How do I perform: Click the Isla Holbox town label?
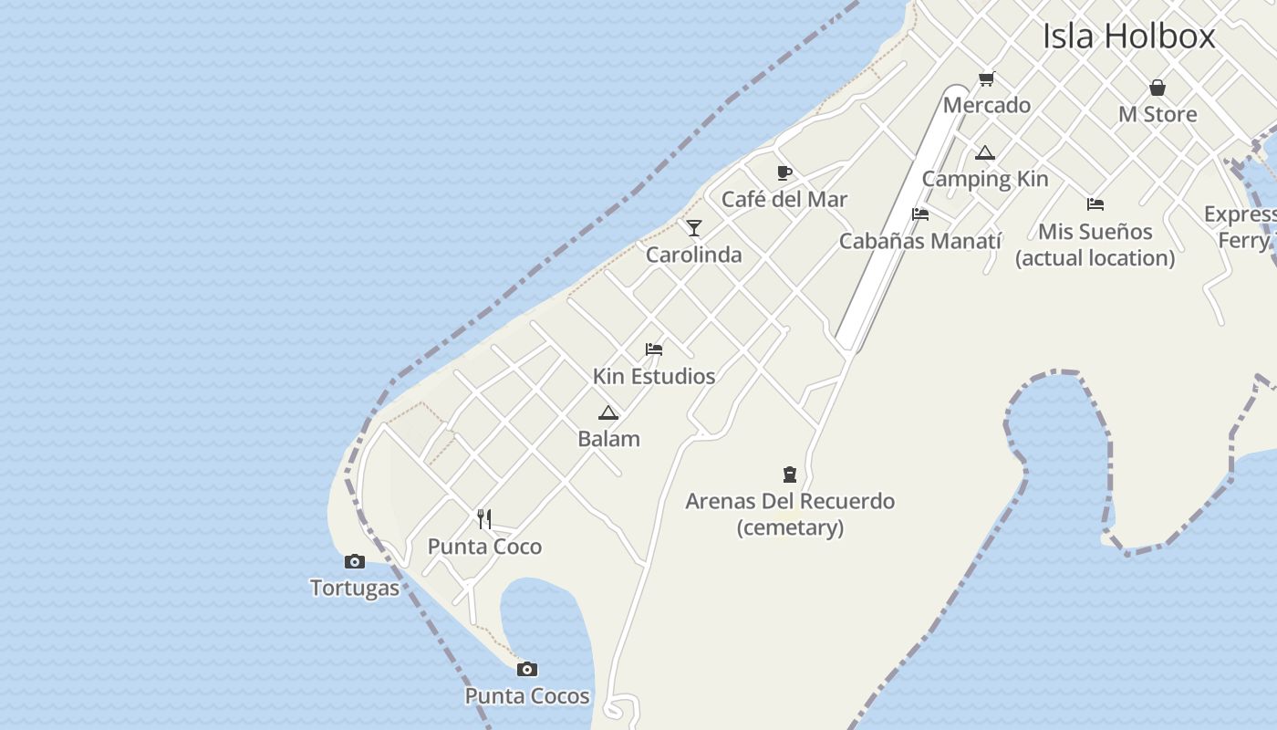point(1128,36)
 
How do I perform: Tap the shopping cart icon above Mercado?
point(986,79)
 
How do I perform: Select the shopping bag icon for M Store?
point(1158,88)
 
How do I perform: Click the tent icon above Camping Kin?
point(984,152)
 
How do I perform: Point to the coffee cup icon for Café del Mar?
point(784,172)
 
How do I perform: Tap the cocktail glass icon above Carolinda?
point(694,227)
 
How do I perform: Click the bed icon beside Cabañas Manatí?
point(920,214)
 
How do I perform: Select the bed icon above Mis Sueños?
point(1095,204)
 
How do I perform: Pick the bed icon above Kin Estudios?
point(654,349)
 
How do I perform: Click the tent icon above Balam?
point(608,412)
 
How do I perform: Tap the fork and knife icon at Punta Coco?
point(484,519)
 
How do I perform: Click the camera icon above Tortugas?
point(355,561)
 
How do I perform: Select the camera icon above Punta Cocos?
point(526,670)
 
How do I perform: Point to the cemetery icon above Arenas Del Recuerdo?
point(790,474)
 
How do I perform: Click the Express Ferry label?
point(1241,226)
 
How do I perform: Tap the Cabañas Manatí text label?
point(919,241)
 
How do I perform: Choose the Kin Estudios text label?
point(654,376)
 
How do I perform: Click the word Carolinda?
point(694,255)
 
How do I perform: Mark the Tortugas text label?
point(355,588)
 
